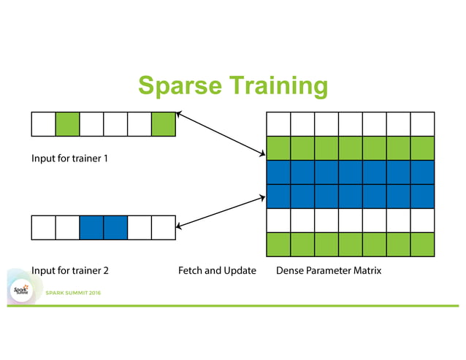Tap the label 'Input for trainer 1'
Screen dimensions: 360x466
69,158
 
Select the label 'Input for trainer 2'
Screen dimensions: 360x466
69,270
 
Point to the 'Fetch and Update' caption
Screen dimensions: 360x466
217,270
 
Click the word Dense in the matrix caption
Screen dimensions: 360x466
291,270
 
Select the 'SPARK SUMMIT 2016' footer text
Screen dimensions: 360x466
73,293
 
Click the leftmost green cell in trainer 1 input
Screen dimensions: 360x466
67,124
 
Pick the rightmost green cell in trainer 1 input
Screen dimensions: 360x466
164,124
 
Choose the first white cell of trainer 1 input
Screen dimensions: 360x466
43,124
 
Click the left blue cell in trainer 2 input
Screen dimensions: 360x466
91,227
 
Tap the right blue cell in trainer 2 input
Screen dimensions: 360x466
115,227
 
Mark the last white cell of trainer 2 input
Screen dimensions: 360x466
164,227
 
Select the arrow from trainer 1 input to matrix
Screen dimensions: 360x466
221,133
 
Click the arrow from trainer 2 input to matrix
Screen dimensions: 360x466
220,211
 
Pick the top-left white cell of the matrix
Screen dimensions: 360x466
278,124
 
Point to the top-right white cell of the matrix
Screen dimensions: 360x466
422,124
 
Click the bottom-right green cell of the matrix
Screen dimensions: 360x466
422,244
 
